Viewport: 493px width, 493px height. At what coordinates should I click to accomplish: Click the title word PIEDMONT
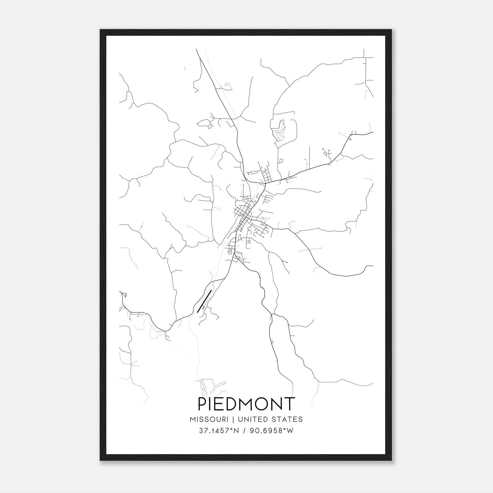[x=246, y=404]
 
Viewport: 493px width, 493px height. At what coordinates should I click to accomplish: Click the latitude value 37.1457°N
[x=219, y=431]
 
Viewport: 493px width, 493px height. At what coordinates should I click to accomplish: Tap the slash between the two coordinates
[x=244, y=431]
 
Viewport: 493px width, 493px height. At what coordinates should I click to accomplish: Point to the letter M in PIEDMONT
[x=251, y=404]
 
